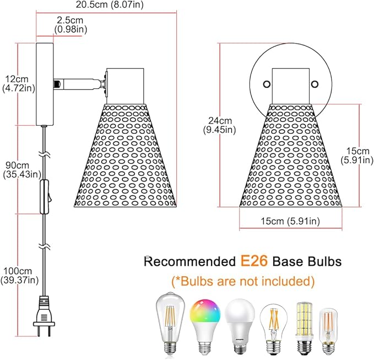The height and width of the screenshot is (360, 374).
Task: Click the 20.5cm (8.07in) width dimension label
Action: point(110,4)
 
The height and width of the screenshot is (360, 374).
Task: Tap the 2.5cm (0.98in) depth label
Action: point(71,25)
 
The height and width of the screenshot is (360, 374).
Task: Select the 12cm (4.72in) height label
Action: point(19,83)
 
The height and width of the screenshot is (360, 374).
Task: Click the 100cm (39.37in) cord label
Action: point(20,276)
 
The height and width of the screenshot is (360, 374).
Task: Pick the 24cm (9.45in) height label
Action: point(219,125)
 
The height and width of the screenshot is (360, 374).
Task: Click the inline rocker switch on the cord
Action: point(45,197)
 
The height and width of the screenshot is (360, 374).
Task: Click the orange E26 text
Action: point(254,261)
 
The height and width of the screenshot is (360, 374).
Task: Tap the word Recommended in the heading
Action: point(189,262)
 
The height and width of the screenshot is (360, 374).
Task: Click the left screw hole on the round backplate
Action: point(267,84)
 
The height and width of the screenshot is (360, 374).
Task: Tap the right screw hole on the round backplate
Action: point(315,84)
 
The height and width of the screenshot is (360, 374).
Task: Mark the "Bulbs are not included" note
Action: point(243,281)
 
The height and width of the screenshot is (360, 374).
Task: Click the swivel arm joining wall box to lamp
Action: point(80,84)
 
